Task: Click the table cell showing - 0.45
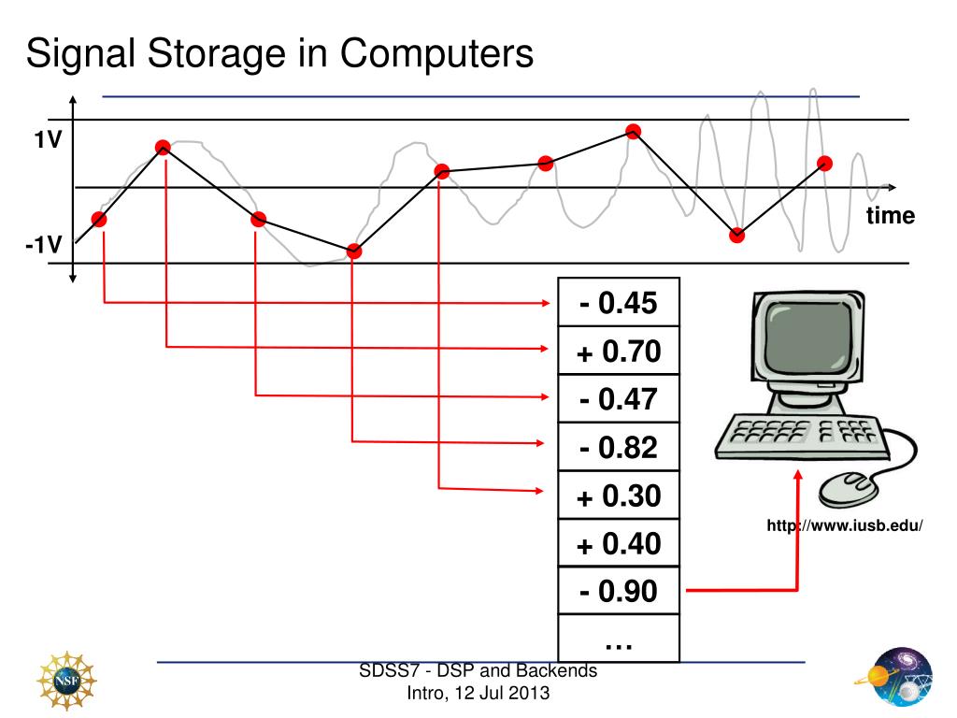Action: (x=618, y=303)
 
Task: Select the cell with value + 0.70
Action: (x=618, y=352)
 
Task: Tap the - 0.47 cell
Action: (x=618, y=399)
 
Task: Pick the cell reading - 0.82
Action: (x=618, y=448)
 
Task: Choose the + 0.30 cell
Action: (x=618, y=495)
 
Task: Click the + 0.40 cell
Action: (x=618, y=543)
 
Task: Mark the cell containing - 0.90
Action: (x=618, y=591)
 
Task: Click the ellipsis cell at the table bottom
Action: (x=618, y=640)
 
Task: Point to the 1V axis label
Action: (x=47, y=140)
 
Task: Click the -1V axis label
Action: (x=43, y=246)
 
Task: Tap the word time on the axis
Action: (x=890, y=216)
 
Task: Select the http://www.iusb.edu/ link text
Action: (x=844, y=526)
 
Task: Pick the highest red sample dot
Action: (x=634, y=131)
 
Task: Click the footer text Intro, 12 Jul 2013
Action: (x=478, y=693)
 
